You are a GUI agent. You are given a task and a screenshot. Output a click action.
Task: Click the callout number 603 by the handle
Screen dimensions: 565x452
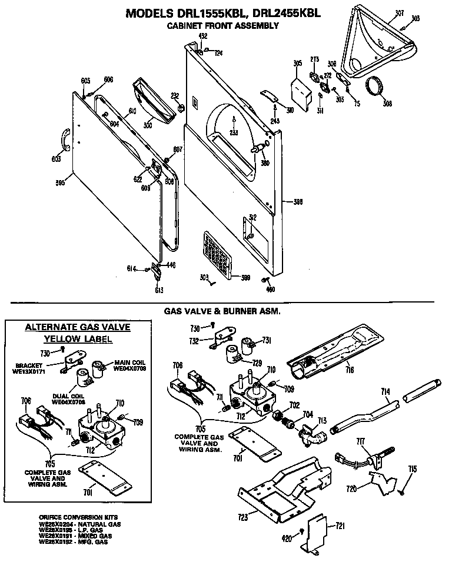[56, 158]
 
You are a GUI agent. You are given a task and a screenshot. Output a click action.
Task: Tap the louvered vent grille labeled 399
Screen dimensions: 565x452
[215, 254]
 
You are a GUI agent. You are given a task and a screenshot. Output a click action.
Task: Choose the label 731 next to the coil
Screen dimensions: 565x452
[266, 340]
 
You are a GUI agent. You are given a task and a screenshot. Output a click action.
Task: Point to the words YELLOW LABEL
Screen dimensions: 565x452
[78, 339]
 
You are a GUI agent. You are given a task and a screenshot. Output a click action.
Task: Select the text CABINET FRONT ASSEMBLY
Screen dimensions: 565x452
[223, 26]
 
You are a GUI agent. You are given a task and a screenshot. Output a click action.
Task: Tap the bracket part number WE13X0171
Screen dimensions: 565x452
[29, 372]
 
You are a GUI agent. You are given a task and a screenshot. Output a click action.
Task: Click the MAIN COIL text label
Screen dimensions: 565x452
[129, 362]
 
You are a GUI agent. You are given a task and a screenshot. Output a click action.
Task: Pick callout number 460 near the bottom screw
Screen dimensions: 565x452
[270, 289]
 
